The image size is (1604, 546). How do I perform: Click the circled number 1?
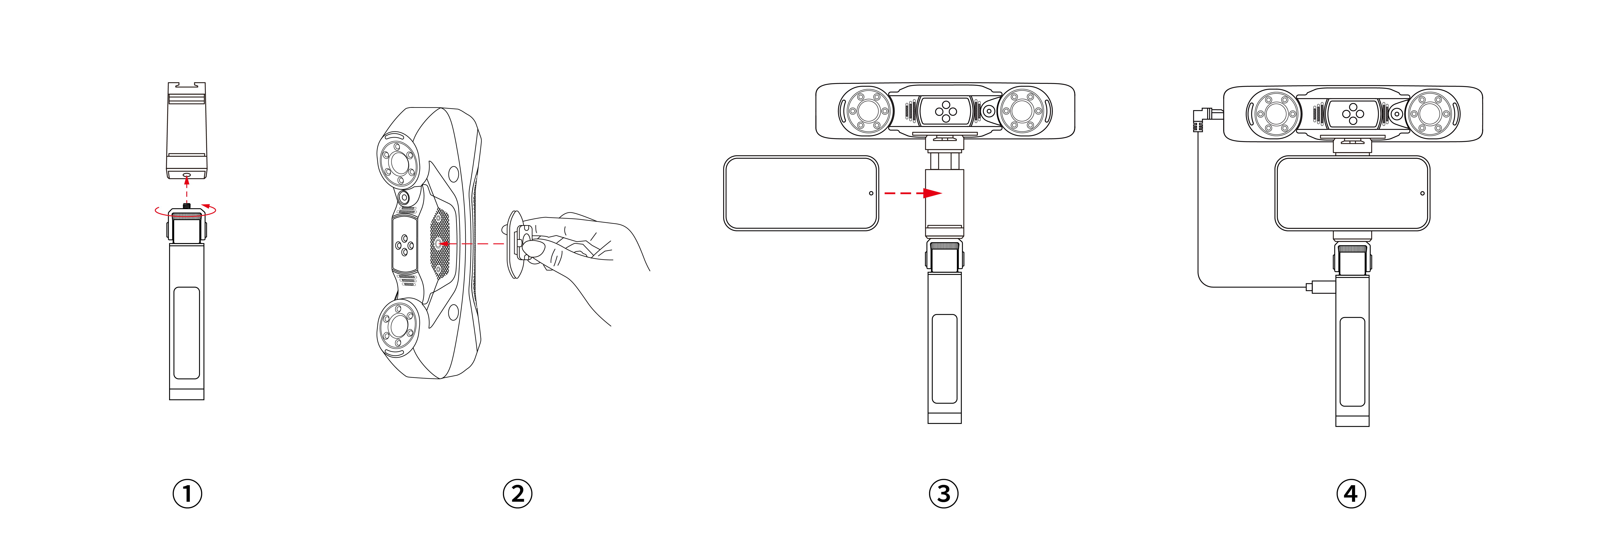[x=187, y=494]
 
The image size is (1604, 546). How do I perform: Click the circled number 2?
[x=517, y=494]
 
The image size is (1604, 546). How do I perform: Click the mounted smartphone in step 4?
[x=1352, y=193]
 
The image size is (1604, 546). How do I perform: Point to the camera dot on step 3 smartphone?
[x=871, y=193]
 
